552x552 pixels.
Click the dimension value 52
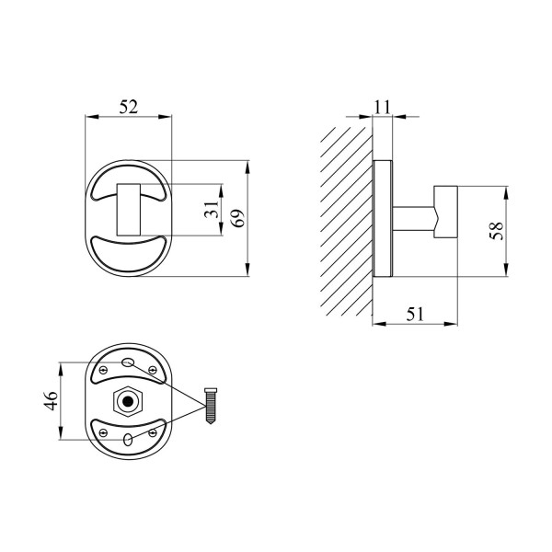click(129, 107)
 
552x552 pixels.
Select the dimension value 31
click(212, 209)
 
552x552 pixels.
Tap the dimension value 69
click(238, 218)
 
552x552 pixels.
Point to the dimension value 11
click(382, 107)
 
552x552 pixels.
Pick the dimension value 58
click(497, 231)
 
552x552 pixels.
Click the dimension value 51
click(416, 314)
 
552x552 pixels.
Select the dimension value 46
click(52, 400)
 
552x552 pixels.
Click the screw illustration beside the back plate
click(211, 406)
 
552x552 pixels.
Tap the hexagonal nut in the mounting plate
click(128, 401)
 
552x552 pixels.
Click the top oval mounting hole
click(128, 362)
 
